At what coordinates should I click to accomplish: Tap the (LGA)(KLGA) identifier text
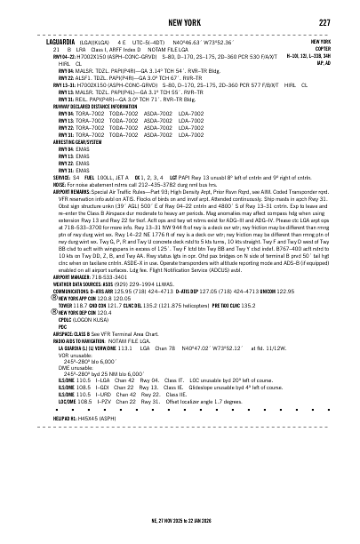(96, 42)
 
